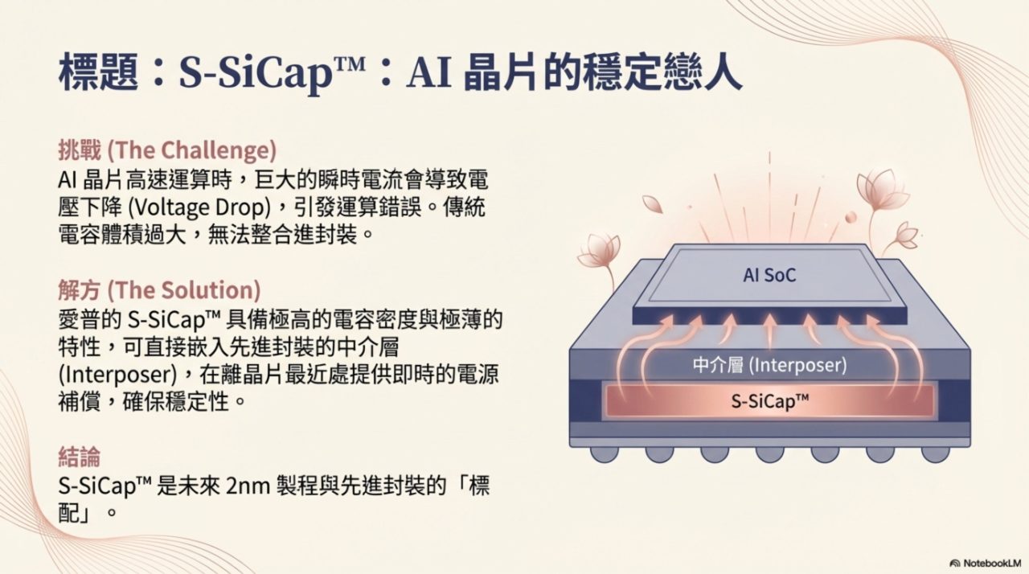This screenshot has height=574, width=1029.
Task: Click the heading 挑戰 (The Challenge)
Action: [x=168, y=150]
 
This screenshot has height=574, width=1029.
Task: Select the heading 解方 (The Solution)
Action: [x=159, y=289]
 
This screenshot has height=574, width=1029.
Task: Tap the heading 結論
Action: [x=79, y=457]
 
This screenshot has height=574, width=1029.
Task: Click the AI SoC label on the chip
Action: [x=769, y=275]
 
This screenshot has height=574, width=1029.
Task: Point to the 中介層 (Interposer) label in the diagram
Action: [x=770, y=366]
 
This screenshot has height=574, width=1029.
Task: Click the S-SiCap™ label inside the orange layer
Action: [x=770, y=401]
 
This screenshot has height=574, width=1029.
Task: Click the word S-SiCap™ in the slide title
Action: [x=272, y=73]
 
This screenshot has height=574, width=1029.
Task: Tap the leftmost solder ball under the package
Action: [x=604, y=454]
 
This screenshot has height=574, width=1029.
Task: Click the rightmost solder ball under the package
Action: [x=935, y=454]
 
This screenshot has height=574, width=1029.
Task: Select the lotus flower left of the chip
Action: [x=599, y=252]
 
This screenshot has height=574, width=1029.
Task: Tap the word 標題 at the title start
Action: [x=98, y=72]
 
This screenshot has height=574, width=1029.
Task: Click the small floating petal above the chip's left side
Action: [x=652, y=204]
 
